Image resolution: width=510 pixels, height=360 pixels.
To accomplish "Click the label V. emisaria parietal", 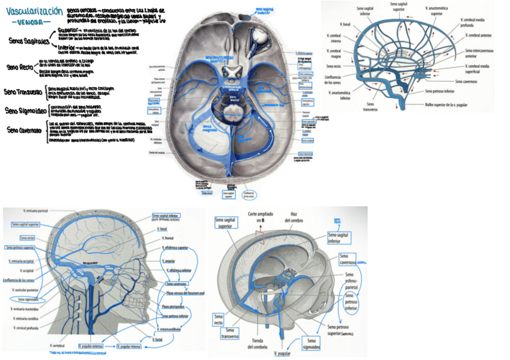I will coord(36,211).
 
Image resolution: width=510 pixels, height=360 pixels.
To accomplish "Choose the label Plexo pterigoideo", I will coord(174,307).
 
